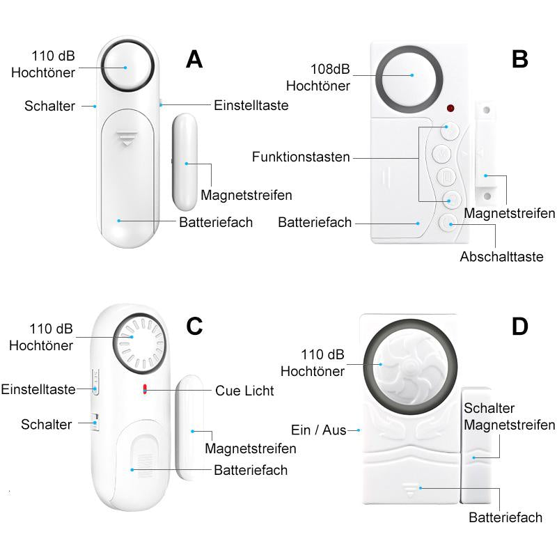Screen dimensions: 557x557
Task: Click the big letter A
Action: click(194, 59)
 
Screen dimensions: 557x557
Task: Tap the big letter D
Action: click(519, 327)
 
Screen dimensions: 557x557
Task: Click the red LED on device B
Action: click(450, 109)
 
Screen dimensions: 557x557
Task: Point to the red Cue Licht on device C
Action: click(145, 390)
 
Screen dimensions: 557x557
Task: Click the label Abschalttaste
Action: click(501, 257)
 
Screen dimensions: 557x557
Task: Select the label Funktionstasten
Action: click(301, 157)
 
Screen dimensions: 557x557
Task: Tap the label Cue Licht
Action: click(244, 391)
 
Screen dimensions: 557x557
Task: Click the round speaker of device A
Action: click(127, 67)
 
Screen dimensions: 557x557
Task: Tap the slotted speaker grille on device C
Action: click(142, 342)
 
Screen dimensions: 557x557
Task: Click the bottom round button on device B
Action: click(448, 223)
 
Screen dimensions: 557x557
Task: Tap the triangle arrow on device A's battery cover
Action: click(127, 138)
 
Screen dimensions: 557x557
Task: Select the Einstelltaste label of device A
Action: click(251, 105)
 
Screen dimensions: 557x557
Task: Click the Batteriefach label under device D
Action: click(505, 517)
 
